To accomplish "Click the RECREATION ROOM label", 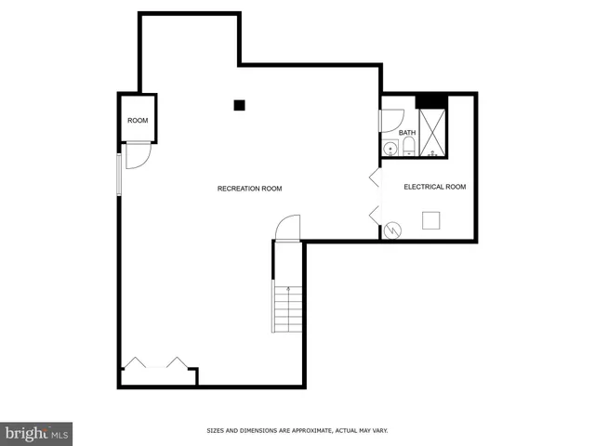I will point(249,189).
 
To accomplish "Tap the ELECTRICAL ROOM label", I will point(434,187).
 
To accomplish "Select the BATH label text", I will point(407,133).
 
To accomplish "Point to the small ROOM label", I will point(138,121).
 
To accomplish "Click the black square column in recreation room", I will point(239,105).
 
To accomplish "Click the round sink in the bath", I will point(389,149).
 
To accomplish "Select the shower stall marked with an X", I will point(432,131).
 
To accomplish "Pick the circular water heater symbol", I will point(393,230).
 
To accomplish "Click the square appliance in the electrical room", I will point(431,219).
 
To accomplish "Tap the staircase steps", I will point(287,308).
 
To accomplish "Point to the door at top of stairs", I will point(287,228).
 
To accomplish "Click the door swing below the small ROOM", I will point(137,155).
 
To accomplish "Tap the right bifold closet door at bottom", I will point(177,361).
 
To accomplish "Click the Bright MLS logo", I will point(36,433).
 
